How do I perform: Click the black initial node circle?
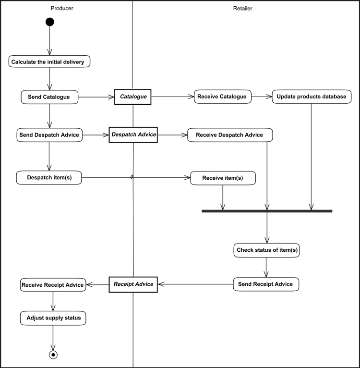pyautogui.click(x=49, y=22)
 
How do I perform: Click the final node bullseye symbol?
pyautogui.click(x=53, y=355)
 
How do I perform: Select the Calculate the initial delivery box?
pyautogui.click(x=49, y=61)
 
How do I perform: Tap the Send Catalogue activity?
pyautogui.click(x=49, y=97)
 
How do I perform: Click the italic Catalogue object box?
pyautogui.click(x=133, y=97)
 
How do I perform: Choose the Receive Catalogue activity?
pyautogui.click(x=222, y=97)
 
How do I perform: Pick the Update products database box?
pyautogui.click(x=312, y=97)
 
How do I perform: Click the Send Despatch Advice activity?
pyautogui.click(x=49, y=135)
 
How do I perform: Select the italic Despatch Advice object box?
pyautogui.click(x=133, y=135)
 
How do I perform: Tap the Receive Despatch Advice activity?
pyautogui.click(x=230, y=135)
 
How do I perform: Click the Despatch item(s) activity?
pyautogui.click(x=49, y=178)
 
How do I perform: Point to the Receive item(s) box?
pyautogui.click(x=223, y=178)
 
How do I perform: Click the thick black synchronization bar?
pyautogui.click(x=267, y=211)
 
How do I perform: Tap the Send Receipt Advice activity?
pyautogui.click(x=265, y=284)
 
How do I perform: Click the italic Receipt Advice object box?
pyautogui.click(x=133, y=284)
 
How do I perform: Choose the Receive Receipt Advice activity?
pyautogui.click(x=53, y=285)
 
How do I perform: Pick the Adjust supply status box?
pyautogui.click(x=53, y=318)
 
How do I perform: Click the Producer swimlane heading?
pyautogui.click(x=62, y=9)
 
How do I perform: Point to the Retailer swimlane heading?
pyautogui.click(x=242, y=9)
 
